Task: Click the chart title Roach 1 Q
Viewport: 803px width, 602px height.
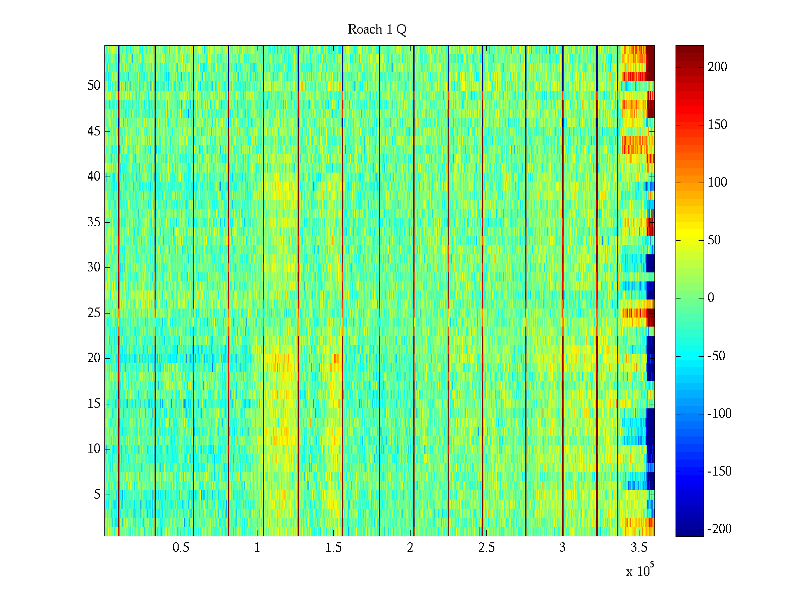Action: [377, 30]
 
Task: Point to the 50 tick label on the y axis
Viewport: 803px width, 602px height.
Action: [94, 86]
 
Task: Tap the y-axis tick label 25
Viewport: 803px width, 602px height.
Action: [94, 313]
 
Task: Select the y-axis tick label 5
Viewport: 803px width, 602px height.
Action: [97, 495]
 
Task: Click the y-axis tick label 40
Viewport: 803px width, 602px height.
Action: [94, 177]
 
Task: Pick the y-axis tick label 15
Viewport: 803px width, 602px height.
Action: [94, 404]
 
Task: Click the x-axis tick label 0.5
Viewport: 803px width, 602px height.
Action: [181, 548]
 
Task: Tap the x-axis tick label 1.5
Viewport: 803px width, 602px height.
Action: [334, 548]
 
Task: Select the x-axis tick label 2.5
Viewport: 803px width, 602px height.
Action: [486, 548]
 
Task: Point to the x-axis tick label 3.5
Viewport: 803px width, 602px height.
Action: [639, 548]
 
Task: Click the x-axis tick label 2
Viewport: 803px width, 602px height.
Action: [410, 548]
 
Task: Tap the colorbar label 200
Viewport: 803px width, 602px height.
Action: [717, 67]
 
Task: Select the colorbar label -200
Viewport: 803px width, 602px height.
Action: [719, 529]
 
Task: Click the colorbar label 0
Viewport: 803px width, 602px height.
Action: [711, 298]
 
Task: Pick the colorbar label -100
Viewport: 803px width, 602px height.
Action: [719, 414]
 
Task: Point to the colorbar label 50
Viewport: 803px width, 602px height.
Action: [714, 240]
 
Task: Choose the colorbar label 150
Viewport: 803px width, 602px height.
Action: [717, 125]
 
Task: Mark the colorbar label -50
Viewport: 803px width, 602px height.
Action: [716, 356]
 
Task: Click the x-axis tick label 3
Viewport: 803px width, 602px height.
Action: [563, 548]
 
